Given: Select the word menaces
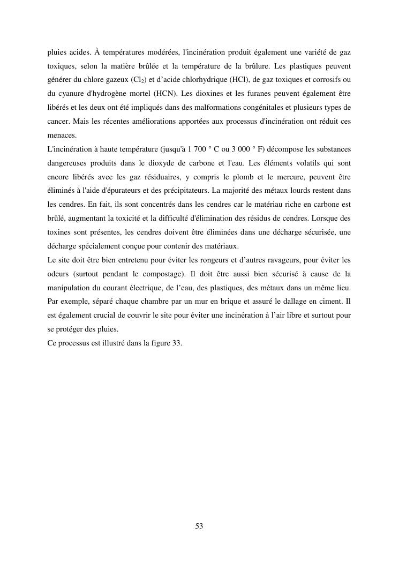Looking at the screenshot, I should tap(62, 136).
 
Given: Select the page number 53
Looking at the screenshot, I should tap(199, 527).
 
